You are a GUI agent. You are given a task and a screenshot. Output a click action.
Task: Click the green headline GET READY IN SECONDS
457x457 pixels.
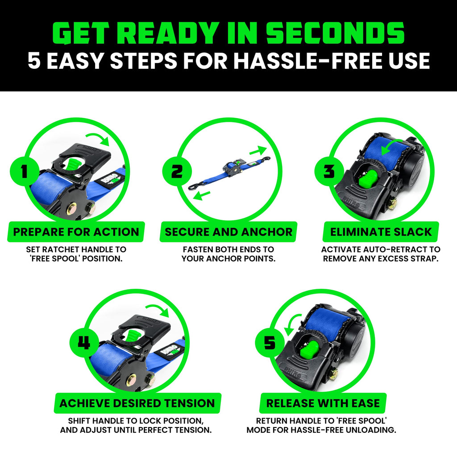pos(228,33)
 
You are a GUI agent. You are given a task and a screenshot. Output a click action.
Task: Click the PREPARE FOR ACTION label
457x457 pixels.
pos(76,232)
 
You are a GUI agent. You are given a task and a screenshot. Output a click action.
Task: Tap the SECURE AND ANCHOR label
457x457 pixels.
pos(228,232)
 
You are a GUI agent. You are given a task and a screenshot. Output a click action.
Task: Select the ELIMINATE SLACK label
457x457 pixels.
pos(381,232)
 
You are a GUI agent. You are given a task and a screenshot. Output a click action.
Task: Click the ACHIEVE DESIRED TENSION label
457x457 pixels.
pos(137,403)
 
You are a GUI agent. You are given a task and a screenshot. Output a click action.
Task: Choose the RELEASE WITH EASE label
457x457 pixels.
pos(323,403)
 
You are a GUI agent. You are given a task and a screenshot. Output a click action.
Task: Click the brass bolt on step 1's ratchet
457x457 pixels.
pos(71,208)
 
